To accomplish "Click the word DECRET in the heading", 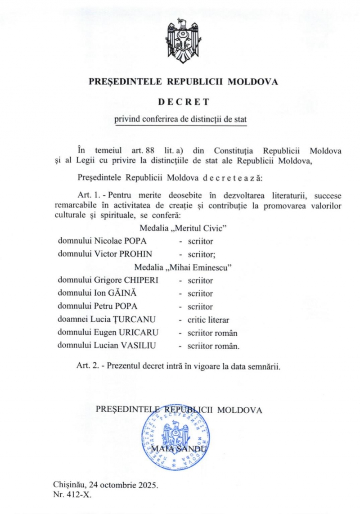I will point(183,102).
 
